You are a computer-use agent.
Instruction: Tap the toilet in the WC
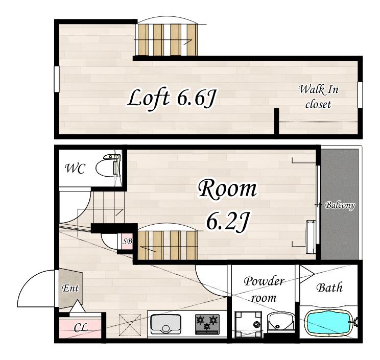click(x=108, y=165)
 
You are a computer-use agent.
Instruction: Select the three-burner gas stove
click(x=207, y=324)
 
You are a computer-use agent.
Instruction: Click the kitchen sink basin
click(x=166, y=324)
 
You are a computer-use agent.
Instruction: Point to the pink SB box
click(x=127, y=242)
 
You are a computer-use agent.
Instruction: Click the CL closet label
click(x=81, y=328)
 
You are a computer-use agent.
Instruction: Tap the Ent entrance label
click(x=70, y=289)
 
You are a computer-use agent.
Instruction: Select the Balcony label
click(x=340, y=205)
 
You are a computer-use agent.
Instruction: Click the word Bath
click(x=329, y=287)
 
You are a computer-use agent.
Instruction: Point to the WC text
click(x=76, y=169)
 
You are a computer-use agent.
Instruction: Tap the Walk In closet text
click(x=318, y=97)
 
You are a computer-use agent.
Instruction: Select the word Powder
click(x=264, y=281)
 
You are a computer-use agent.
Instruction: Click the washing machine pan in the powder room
click(x=248, y=324)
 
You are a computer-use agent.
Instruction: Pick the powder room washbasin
click(x=281, y=322)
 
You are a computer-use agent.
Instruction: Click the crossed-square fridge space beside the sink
click(x=130, y=325)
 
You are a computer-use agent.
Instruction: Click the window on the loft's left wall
click(x=57, y=79)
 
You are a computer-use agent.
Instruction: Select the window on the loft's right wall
click(x=361, y=95)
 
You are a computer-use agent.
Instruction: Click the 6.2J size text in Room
click(x=227, y=221)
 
